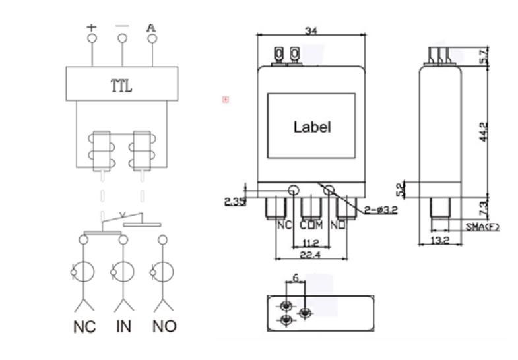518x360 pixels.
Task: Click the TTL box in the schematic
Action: [x=121, y=84]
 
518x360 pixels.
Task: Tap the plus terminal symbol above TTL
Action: [x=91, y=28]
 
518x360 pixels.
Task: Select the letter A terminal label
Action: [x=151, y=28]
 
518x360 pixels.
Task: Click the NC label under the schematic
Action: [x=84, y=326]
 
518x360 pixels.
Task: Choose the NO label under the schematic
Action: [x=164, y=326]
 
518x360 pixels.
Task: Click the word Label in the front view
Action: [x=311, y=127]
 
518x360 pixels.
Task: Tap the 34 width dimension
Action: [x=311, y=30]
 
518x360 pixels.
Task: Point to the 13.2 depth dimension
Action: [x=441, y=241]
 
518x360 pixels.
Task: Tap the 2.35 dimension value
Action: [x=234, y=202]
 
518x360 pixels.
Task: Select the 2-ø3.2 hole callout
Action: [x=381, y=210]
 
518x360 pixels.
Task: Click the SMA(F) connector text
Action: [x=483, y=227]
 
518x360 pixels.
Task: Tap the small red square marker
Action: [x=226, y=100]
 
